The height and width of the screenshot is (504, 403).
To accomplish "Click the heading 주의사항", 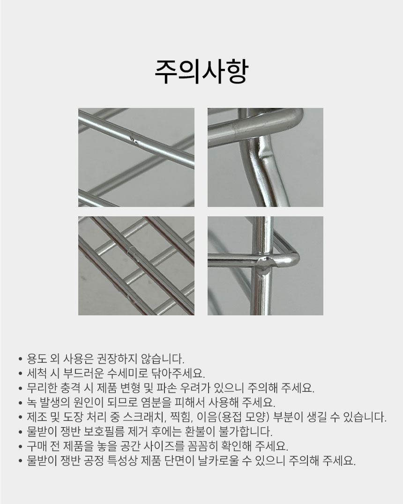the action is [201, 71].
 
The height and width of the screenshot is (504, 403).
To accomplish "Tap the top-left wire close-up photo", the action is [136, 157].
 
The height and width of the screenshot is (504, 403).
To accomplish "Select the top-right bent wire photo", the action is [265, 157].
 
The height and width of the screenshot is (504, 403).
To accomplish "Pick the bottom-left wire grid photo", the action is [136, 266].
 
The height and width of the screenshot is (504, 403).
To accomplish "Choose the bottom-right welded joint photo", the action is [265, 266].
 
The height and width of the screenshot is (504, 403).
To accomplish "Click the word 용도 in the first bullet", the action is [37, 358].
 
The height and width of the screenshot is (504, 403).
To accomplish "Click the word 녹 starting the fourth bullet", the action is [32, 402].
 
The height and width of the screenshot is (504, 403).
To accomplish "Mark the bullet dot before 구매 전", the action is [21, 447].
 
